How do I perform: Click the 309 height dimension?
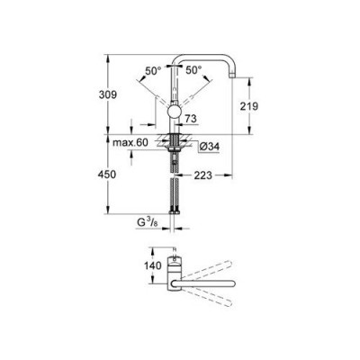point(107,94)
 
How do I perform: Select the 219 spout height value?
point(248,106)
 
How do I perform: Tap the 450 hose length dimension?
point(107,175)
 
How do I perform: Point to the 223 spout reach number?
point(202,175)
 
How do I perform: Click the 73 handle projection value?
point(191,119)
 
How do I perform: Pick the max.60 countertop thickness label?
point(130,143)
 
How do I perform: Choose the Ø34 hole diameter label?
point(210,147)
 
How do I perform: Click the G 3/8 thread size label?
point(148,222)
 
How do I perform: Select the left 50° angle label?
point(153,71)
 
